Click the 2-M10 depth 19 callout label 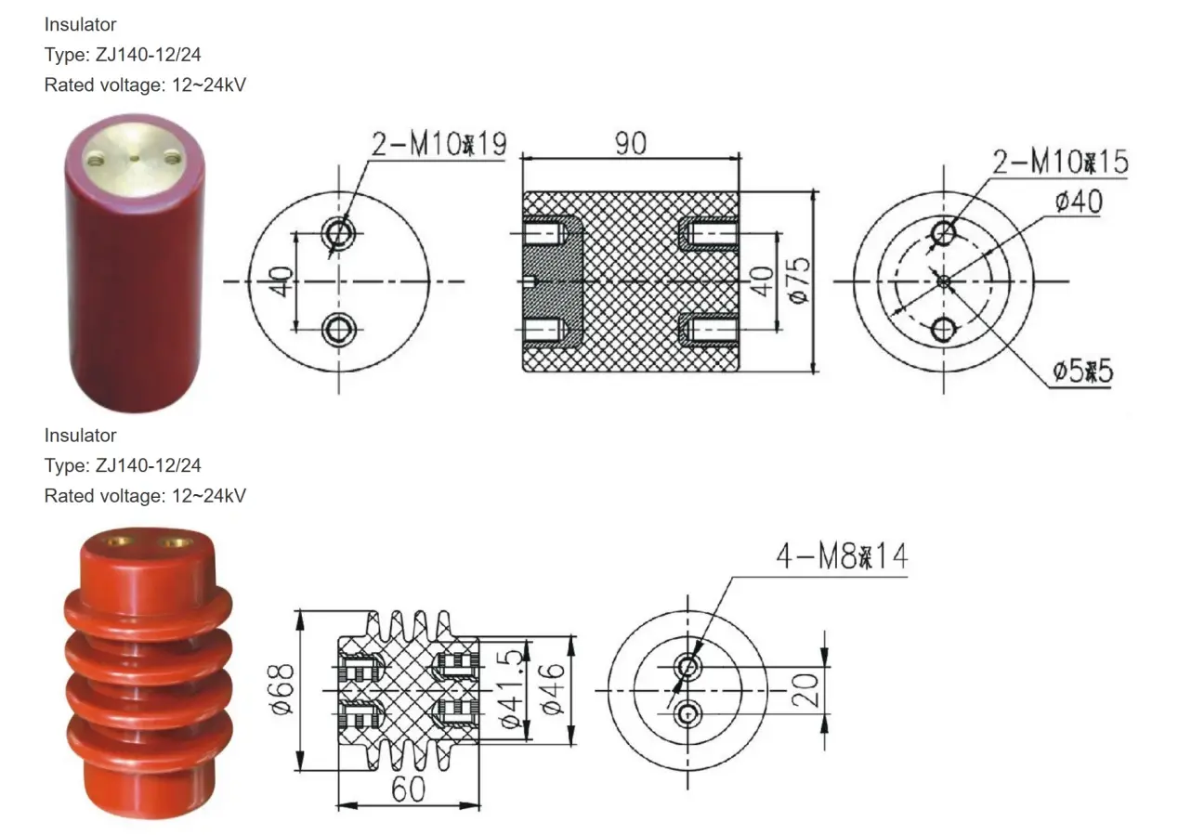(438, 145)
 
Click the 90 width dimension (630, 143)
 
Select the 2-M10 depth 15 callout (1060, 163)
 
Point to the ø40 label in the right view (1079, 201)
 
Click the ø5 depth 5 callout (1081, 372)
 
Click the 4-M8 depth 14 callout (842, 557)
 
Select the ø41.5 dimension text (510, 689)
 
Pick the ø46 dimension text (554, 689)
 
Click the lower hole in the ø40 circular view (944, 329)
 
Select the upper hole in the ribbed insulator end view (688, 666)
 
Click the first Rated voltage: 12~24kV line (145, 85)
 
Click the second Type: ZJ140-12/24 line (123, 465)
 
